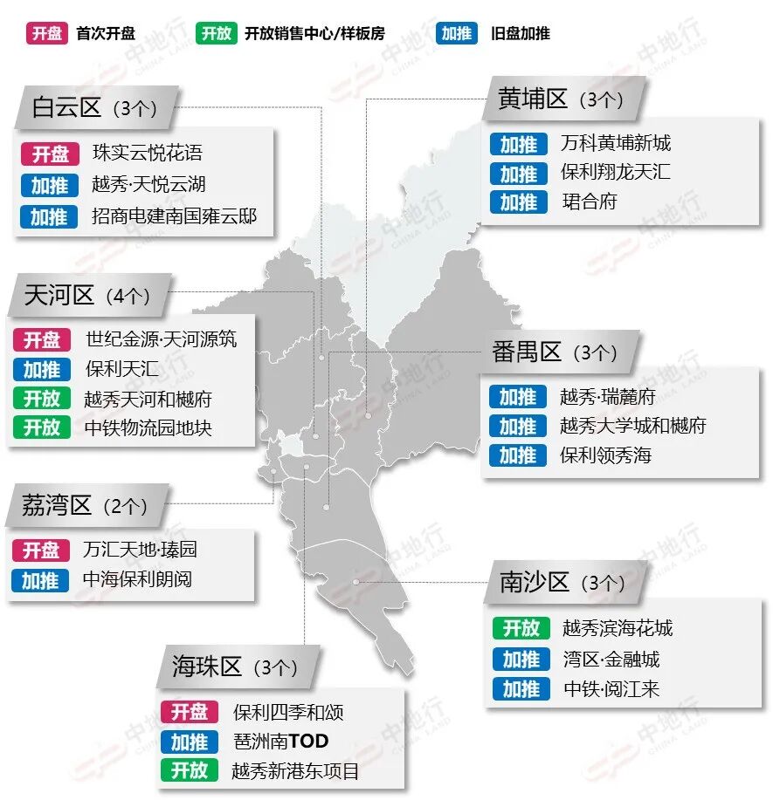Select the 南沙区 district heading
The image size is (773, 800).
point(535,582)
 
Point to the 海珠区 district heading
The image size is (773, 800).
point(206,667)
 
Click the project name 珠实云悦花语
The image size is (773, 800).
point(148,154)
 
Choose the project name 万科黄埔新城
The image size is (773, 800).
point(616,143)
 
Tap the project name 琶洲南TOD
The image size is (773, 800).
point(280,742)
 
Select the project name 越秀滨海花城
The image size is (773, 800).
point(618,628)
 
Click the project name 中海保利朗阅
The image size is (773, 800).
point(137,579)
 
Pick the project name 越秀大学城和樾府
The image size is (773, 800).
point(633,426)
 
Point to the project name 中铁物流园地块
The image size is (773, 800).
point(148,427)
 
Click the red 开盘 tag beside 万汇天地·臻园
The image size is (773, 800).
point(41,550)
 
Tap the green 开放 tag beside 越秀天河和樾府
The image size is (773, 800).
point(41,399)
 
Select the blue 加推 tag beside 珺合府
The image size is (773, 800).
point(519,202)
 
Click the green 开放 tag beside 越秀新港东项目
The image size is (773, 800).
point(189,770)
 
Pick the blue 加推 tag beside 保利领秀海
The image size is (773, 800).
point(518,455)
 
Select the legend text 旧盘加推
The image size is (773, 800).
point(521,34)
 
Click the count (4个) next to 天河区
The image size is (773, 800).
point(128,296)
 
